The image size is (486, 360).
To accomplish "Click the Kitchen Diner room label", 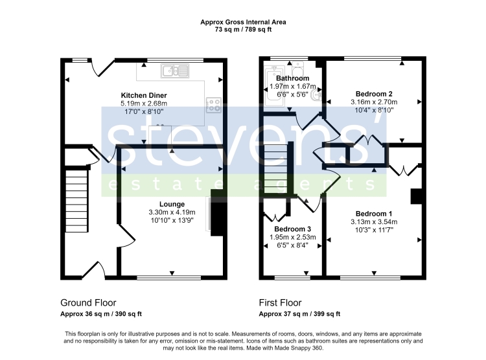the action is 144,95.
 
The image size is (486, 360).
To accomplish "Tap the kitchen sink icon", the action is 175,71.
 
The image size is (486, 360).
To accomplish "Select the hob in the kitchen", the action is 214,105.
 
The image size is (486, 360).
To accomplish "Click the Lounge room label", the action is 172,204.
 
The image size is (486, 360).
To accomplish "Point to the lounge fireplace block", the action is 219,212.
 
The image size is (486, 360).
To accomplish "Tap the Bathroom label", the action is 293,78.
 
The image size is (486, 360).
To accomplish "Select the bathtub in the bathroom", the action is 275,86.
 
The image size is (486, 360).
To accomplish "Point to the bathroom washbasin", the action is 317,95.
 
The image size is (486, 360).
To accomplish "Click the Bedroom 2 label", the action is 374,94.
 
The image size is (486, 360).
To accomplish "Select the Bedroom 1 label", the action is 374,214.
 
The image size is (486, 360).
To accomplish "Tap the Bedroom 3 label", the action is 293,229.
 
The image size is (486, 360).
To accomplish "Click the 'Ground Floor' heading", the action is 88,302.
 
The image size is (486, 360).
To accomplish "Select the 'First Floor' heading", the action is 280,302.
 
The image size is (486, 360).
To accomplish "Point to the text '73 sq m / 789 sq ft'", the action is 243,29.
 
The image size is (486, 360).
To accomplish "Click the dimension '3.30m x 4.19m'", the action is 172,212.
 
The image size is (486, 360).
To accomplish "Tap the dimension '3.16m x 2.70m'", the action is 374,102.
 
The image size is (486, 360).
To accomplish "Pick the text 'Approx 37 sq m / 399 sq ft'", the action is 300,314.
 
